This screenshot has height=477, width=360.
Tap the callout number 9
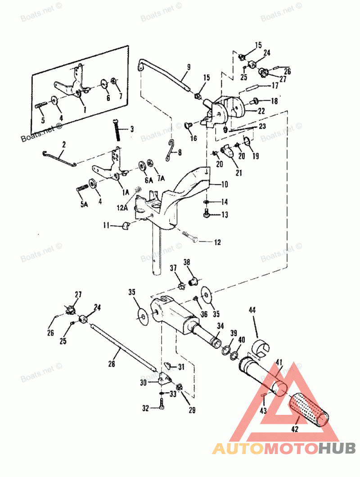189,67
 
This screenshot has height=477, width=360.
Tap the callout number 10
225,184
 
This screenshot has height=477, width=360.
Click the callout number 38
187,262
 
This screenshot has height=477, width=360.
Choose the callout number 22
261,110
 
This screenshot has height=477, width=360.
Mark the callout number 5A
83,204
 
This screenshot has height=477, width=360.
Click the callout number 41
279,361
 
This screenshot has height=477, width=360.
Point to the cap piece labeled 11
125,225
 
